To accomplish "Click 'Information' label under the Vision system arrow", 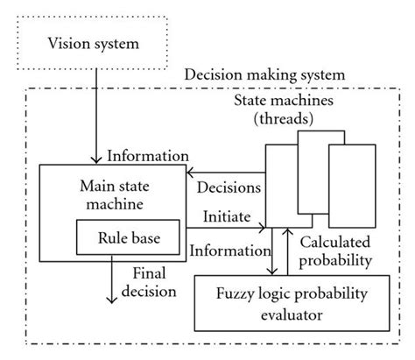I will pos(144,157).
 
